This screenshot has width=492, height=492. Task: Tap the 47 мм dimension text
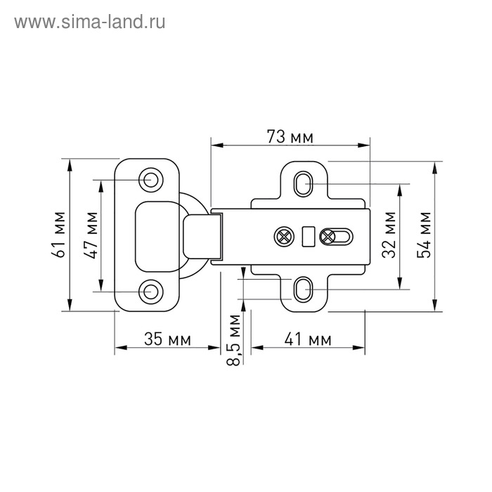click(91, 235)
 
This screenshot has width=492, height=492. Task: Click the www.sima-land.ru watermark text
click(90, 22)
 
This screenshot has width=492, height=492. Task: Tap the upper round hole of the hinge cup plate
click(150, 180)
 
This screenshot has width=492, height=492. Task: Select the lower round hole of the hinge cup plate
click(150, 290)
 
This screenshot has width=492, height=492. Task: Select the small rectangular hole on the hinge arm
click(306, 236)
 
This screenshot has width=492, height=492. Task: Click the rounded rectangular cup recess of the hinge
click(157, 235)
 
